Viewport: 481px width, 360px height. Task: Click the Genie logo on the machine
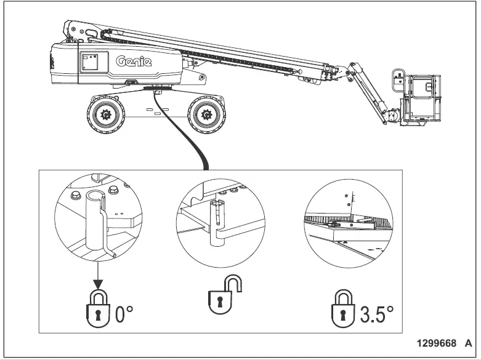coord(134,62)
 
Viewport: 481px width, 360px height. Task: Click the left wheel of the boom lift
coord(105,114)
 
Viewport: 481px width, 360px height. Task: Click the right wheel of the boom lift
coord(206,114)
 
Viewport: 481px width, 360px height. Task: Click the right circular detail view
coord(348,223)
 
